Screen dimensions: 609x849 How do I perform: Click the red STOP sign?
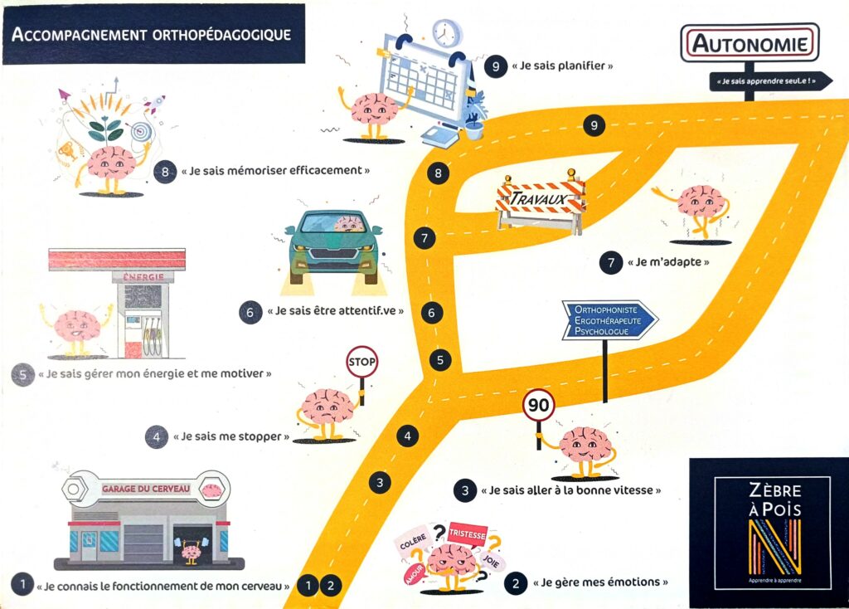tap(361, 363)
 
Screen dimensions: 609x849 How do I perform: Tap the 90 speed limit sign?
tap(539, 405)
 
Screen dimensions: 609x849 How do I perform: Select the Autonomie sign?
tap(749, 42)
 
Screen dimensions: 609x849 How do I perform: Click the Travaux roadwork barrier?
tap(541, 200)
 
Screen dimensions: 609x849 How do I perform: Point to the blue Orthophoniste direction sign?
tap(609, 320)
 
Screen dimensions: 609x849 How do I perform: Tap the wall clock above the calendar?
tap(446, 33)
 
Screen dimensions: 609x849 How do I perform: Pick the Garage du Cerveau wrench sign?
tap(148, 489)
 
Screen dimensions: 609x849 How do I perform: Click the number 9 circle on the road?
tap(594, 125)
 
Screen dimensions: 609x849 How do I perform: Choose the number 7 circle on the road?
tap(424, 238)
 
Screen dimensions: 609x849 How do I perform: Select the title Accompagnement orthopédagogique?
tap(152, 34)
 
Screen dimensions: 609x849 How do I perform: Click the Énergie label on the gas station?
tap(143, 277)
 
